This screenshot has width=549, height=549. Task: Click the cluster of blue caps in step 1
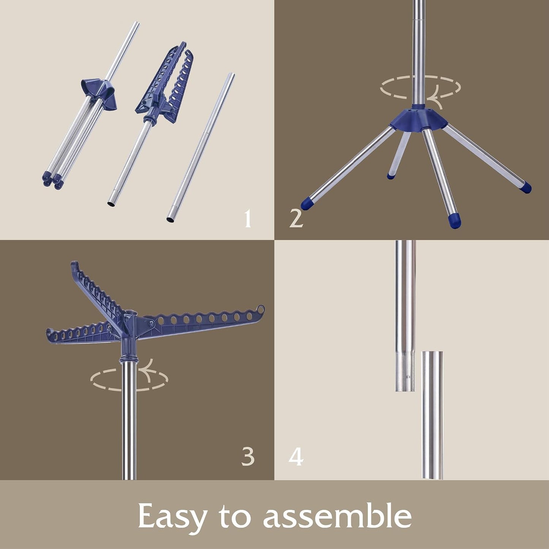point(53,180)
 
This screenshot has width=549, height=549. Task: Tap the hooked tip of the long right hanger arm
point(261,309)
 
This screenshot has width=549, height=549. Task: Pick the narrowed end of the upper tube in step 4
point(405,377)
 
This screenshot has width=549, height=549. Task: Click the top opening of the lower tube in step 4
point(432,353)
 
